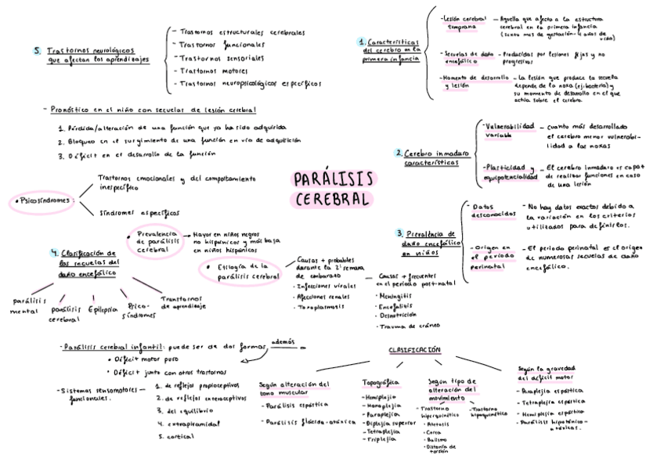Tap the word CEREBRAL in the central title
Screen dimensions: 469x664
(333, 199)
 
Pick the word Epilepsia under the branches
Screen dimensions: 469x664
(103, 309)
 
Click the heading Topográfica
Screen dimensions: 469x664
(381, 382)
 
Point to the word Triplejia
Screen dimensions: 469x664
(381, 439)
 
